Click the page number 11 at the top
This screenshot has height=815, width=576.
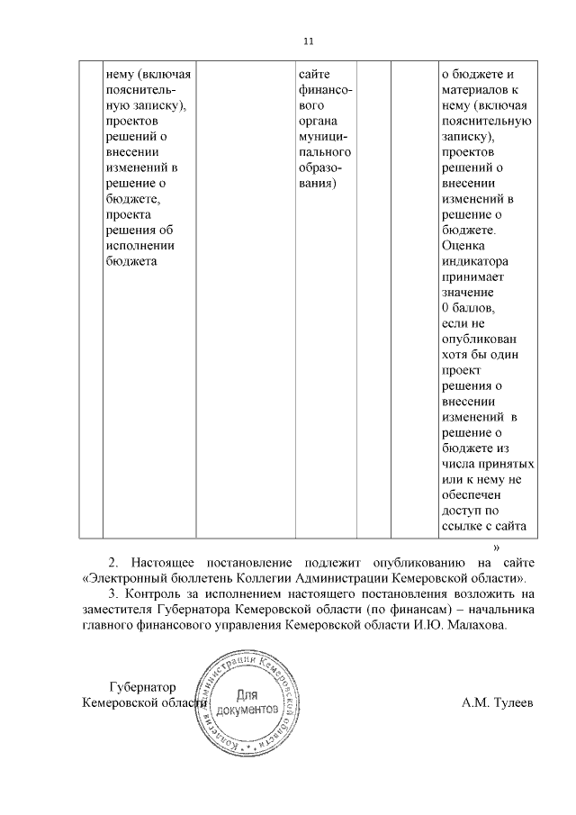(309, 41)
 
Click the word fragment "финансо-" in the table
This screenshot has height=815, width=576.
(324, 90)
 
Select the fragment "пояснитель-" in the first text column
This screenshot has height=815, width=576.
(141, 90)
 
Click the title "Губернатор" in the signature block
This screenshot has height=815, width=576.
(139, 686)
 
